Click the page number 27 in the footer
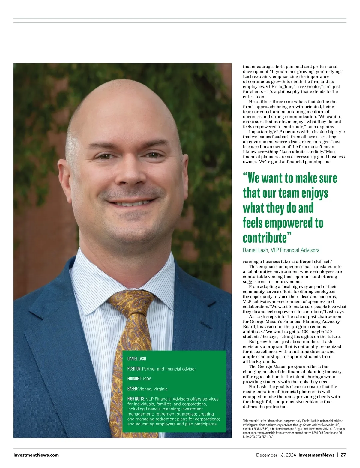[x=343, y=455]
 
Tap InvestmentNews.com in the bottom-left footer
[x=36, y=455]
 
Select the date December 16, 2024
[x=276, y=455]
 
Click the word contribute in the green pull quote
[x=265, y=238]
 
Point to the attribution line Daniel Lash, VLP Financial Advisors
[x=281, y=250]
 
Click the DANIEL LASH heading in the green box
[x=136, y=359]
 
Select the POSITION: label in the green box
[x=134, y=369]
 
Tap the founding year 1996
[x=147, y=379]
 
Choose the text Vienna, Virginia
[x=153, y=389]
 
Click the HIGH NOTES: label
[x=136, y=399]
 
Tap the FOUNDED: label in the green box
[x=134, y=379]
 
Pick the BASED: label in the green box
[x=132, y=389]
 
